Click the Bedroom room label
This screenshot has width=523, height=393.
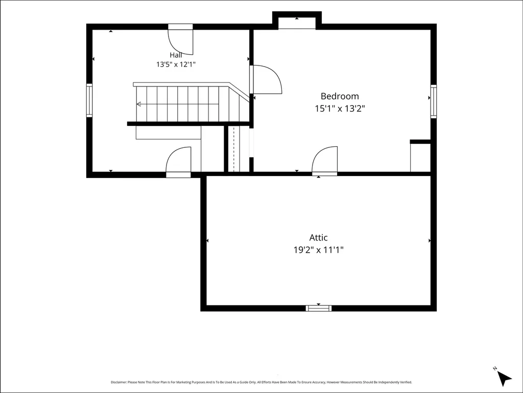340,96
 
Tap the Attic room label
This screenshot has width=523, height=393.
318,237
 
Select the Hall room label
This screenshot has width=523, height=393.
176,55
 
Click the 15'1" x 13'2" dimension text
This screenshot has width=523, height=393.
340,108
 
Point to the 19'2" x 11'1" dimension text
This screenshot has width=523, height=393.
318,250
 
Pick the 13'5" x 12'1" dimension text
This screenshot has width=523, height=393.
176,64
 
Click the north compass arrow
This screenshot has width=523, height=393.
504,378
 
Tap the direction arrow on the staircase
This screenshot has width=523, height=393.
139,104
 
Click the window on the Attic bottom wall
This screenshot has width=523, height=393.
319,308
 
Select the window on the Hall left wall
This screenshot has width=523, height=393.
89,100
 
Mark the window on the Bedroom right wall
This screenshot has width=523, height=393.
433,101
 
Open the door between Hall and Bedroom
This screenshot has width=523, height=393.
266,79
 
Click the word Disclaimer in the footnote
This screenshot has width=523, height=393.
118,382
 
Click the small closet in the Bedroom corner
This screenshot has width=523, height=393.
420,156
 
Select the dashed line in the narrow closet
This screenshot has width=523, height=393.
234,149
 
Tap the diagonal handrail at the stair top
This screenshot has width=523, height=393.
239,92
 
